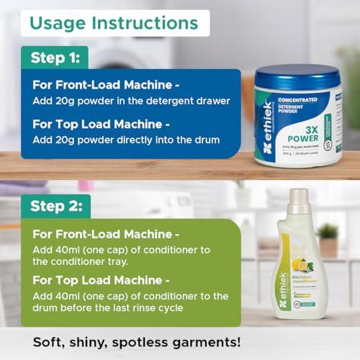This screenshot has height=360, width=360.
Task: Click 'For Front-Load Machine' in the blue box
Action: (104, 85)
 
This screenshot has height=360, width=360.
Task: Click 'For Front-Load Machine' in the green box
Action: (104, 235)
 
